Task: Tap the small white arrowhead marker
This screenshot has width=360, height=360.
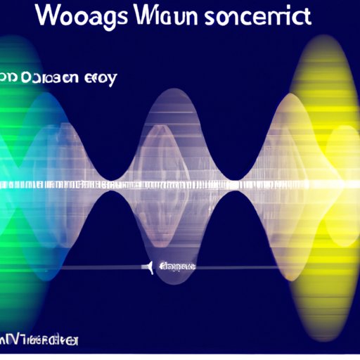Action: (x=148, y=267)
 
